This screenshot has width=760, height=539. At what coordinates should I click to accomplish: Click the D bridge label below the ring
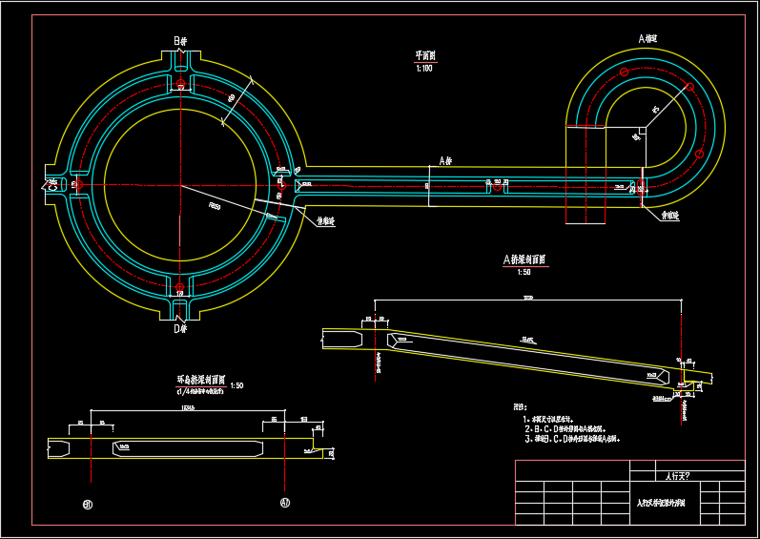179,329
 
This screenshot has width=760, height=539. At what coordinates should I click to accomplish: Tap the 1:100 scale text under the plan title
424,69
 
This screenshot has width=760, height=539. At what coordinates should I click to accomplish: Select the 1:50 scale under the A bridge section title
523,272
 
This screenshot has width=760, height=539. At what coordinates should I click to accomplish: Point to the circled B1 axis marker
88,503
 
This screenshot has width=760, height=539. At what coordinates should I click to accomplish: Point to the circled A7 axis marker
284,503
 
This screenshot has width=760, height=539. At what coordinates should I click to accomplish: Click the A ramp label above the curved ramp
647,39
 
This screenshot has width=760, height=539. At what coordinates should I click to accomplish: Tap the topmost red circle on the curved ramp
624,73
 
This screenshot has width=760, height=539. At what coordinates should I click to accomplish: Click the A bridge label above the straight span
444,160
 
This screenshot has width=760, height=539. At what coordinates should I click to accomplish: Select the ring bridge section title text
199,380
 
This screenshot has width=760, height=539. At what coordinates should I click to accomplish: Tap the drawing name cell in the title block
667,502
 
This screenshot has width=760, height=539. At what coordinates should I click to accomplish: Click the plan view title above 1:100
424,56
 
